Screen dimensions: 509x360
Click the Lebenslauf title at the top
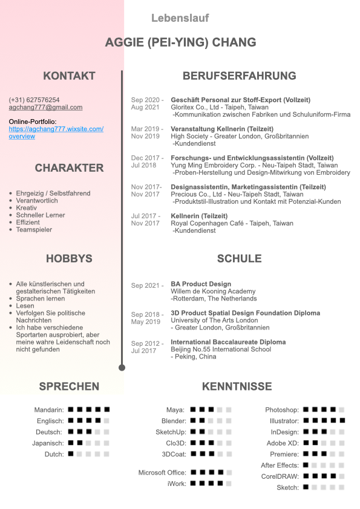[180, 18]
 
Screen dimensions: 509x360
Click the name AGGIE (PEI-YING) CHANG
[180, 42]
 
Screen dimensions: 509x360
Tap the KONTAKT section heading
[69, 76]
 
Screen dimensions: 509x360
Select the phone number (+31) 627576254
[34, 100]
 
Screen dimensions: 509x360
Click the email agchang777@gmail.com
[45, 107]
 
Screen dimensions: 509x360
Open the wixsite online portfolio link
[56, 129]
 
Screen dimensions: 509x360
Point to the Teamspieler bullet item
[34, 230]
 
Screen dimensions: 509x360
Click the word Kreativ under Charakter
[27, 208]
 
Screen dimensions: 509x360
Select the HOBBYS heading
[69, 259]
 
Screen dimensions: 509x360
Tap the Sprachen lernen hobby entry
[41, 299]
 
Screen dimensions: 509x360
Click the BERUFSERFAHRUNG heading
[239, 76]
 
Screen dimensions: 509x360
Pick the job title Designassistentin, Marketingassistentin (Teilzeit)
[248, 187]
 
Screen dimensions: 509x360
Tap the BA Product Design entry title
[201, 284]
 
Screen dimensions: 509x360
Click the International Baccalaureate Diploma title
[228, 342]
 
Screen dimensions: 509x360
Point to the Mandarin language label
[48, 410]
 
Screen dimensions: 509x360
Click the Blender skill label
[174, 421]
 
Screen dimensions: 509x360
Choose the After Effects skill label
[280, 465]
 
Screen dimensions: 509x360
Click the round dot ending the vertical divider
[122, 367]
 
